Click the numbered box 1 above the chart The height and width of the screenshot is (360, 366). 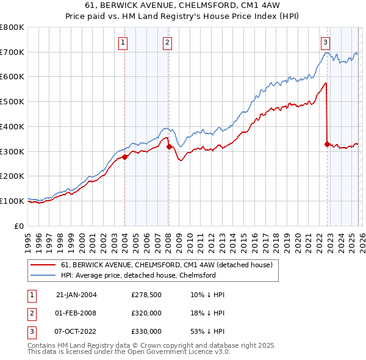tap(124, 42)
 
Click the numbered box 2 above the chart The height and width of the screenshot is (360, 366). tap(167, 42)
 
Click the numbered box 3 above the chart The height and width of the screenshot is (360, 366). tap(326, 42)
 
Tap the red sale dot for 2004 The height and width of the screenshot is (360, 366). tap(124, 157)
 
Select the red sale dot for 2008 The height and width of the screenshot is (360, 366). tap(168, 146)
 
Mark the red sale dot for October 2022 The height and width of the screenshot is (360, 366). tap(327, 144)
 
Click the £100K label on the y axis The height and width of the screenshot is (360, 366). tap(12, 201)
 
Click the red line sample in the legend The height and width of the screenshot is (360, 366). tap(44, 265)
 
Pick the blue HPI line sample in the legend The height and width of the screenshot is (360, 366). tap(44, 276)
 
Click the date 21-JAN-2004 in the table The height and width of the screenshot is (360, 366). tap(76, 295)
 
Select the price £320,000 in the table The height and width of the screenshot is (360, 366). tap(146, 313)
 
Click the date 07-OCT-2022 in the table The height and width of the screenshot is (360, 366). tap(76, 331)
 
